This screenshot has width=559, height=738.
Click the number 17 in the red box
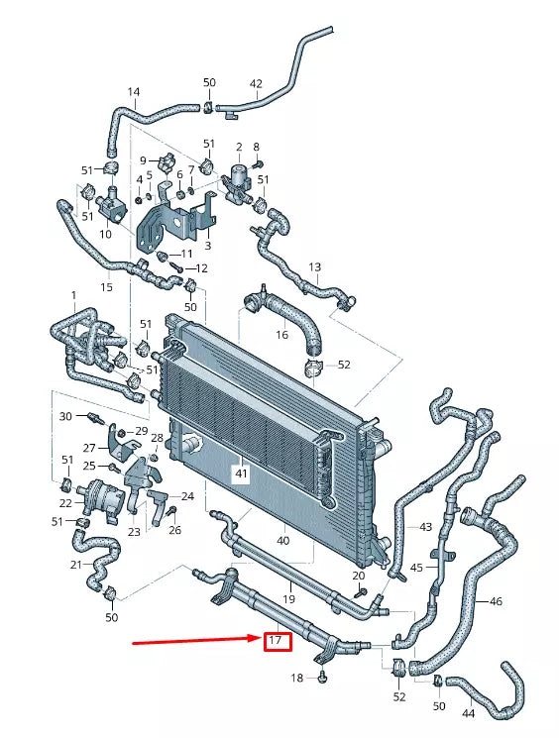[276, 642]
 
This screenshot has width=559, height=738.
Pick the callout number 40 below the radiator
[282, 541]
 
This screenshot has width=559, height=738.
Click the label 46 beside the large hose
[496, 600]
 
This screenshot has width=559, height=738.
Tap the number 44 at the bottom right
[468, 713]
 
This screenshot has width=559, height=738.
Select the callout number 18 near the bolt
[296, 678]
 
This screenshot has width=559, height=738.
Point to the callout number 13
[315, 267]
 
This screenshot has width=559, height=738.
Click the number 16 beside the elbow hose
[282, 336]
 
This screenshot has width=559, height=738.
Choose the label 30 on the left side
[65, 416]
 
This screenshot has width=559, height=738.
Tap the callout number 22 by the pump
[65, 504]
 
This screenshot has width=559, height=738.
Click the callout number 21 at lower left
[76, 565]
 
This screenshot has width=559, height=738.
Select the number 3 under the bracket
[207, 245]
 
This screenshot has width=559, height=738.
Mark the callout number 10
[106, 235]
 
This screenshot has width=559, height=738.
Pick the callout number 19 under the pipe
[289, 599]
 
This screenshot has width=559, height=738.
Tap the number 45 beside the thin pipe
[416, 568]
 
